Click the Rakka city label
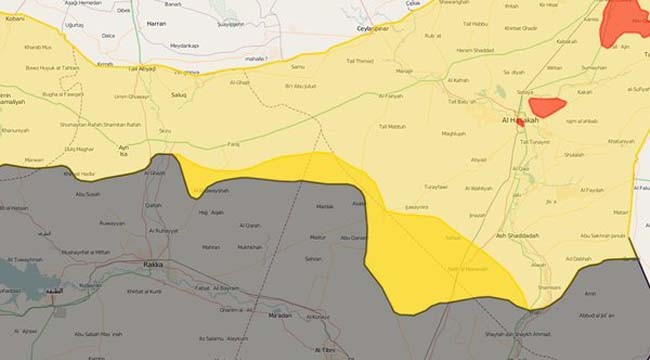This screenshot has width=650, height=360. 152,267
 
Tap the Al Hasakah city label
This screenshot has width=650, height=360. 518,121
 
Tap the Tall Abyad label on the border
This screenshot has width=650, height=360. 142,69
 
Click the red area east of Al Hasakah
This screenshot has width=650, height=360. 547,105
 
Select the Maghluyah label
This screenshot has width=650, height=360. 453,132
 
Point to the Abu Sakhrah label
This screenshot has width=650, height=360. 602,236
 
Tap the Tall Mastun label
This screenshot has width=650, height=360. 393,126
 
